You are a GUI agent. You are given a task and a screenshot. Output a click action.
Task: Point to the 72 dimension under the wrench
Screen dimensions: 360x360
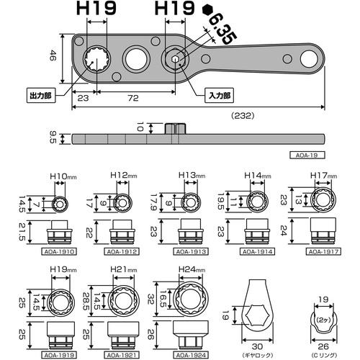click(x=132, y=96)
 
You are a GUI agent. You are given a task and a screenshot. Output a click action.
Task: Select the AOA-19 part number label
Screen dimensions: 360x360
click(x=310, y=153)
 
